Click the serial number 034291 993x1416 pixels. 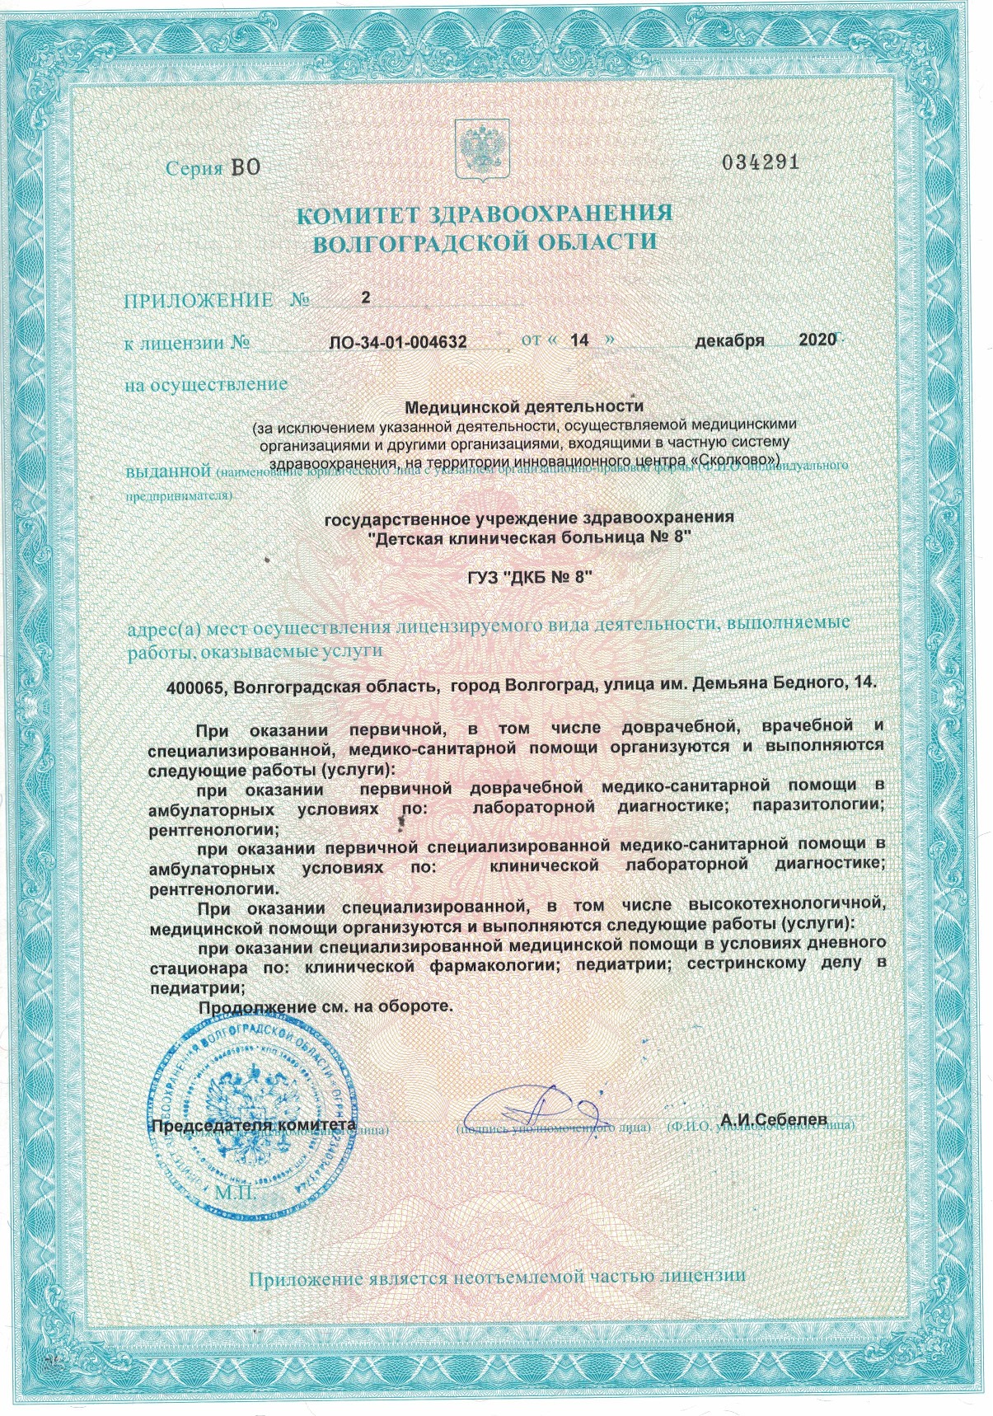point(760,162)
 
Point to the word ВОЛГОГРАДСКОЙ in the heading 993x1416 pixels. point(416,243)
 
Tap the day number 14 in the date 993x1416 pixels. point(579,340)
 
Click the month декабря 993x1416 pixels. point(728,340)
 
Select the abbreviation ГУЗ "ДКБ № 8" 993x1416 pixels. point(524,579)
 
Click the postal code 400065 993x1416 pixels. point(196,687)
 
